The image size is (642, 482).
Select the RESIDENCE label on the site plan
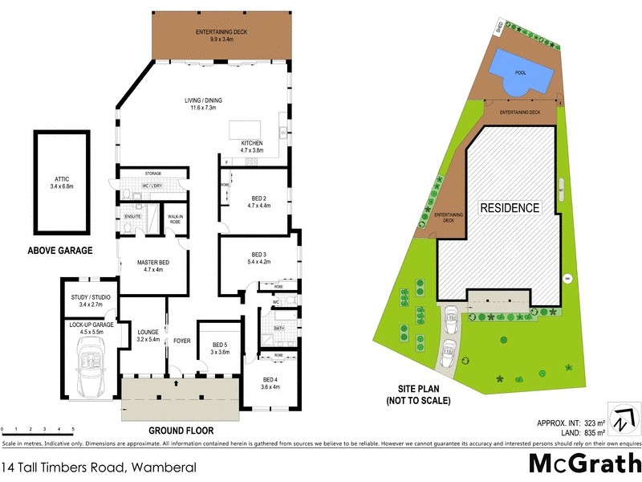coord(510,207)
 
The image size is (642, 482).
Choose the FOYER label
coord(182,341)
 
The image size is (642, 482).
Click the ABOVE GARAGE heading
coord(60,251)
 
